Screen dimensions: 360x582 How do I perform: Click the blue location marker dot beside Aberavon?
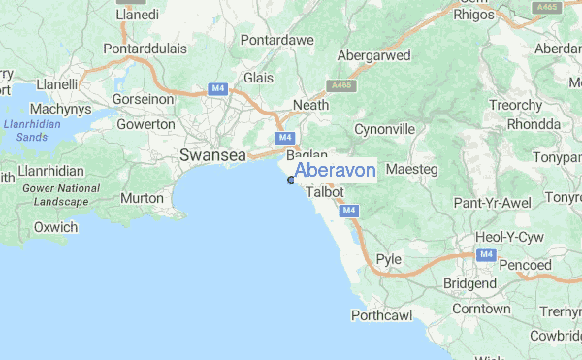click(x=291, y=180)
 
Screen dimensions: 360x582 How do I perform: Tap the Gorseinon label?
click(x=144, y=99)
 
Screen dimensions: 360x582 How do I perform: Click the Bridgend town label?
click(x=469, y=284)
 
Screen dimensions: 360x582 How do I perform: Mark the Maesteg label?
click(x=412, y=170)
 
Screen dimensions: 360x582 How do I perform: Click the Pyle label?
click(x=389, y=260)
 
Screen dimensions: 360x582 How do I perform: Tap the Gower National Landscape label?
click(x=53, y=195)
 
